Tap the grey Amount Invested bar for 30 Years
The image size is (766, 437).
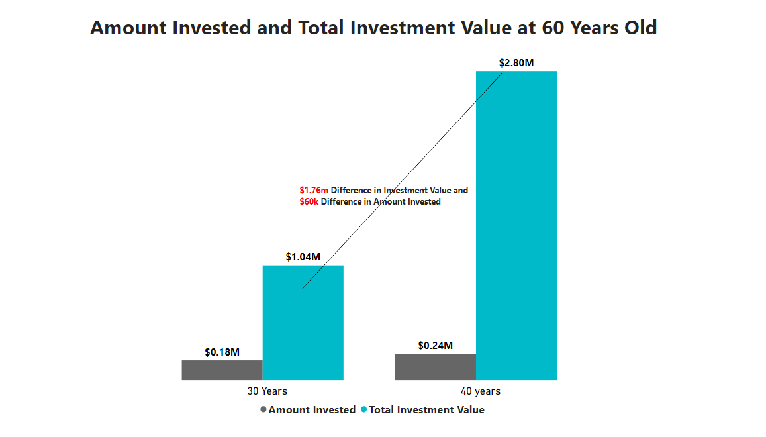pos(222,370)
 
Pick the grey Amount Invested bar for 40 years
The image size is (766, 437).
pos(435,367)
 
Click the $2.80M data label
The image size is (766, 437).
pos(516,63)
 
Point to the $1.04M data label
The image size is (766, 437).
pos(303,257)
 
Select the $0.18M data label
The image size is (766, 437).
pos(222,352)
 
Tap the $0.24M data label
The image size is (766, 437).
pos(435,346)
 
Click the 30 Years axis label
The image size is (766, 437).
pos(267,391)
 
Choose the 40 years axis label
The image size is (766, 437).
pos(481,391)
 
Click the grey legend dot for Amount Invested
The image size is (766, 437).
pos(263,410)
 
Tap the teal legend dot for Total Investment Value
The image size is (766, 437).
pos(363,410)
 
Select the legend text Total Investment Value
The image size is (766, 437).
pos(426,410)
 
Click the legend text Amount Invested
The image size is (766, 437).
pos(312,410)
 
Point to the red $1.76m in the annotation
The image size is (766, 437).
pos(314,191)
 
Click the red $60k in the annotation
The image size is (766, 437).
pos(309,202)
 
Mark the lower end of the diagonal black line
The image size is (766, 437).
pos(303,288)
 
